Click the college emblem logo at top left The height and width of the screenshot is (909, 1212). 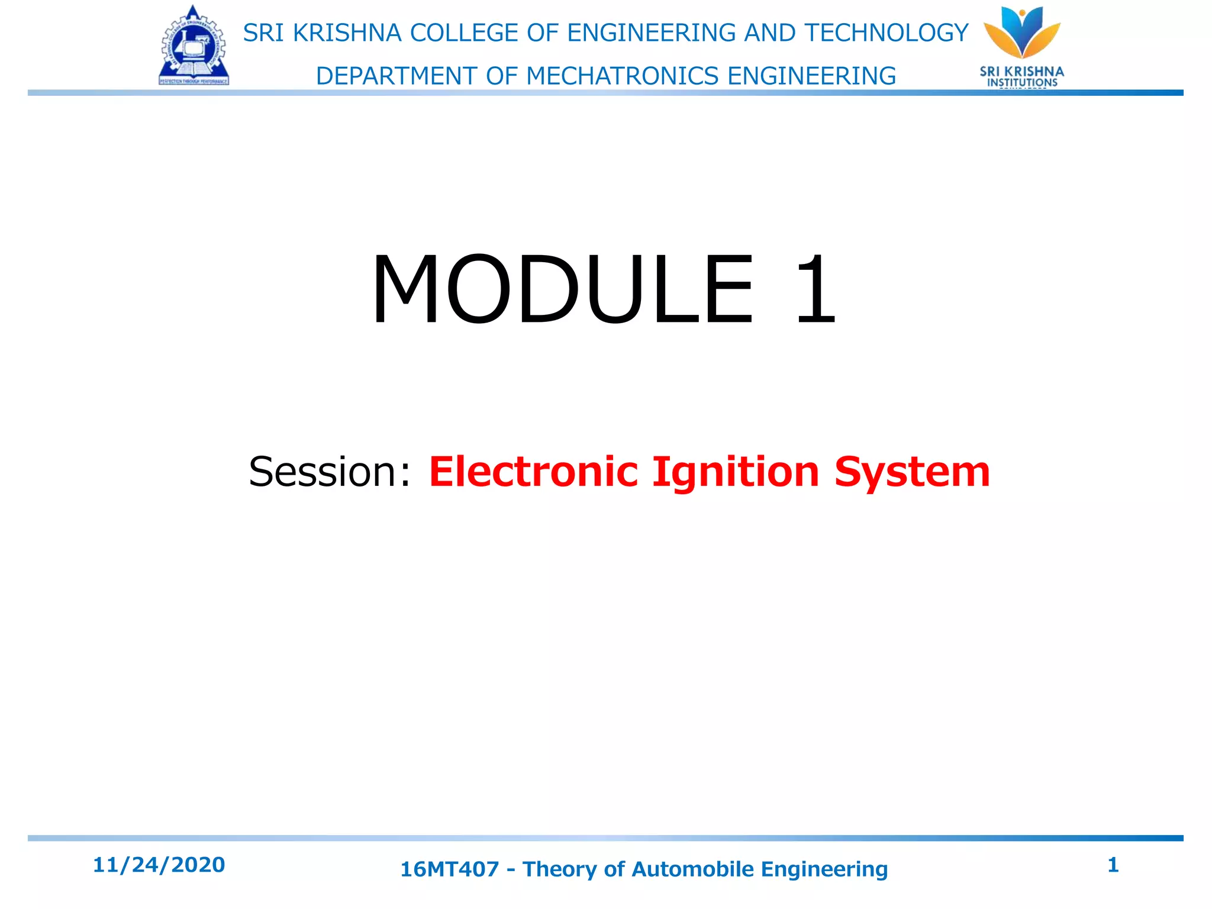[x=194, y=46]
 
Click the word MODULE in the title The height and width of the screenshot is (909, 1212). [x=562, y=289]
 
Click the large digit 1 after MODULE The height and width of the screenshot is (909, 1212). [x=815, y=289]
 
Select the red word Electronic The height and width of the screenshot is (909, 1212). [x=533, y=472]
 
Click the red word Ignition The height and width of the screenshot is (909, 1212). [x=736, y=472]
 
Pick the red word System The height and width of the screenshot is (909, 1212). [x=912, y=472]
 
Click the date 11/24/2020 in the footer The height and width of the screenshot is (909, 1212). [x=159, y=865]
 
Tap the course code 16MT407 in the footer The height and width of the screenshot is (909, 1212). [x=450, y=869]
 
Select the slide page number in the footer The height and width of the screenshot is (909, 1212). [x=1113, y=865]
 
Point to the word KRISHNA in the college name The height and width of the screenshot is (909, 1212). [x=347, y=33]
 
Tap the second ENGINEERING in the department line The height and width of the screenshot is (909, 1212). [x=811, y=76]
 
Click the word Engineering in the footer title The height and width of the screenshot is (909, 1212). [x=824, y=869]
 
